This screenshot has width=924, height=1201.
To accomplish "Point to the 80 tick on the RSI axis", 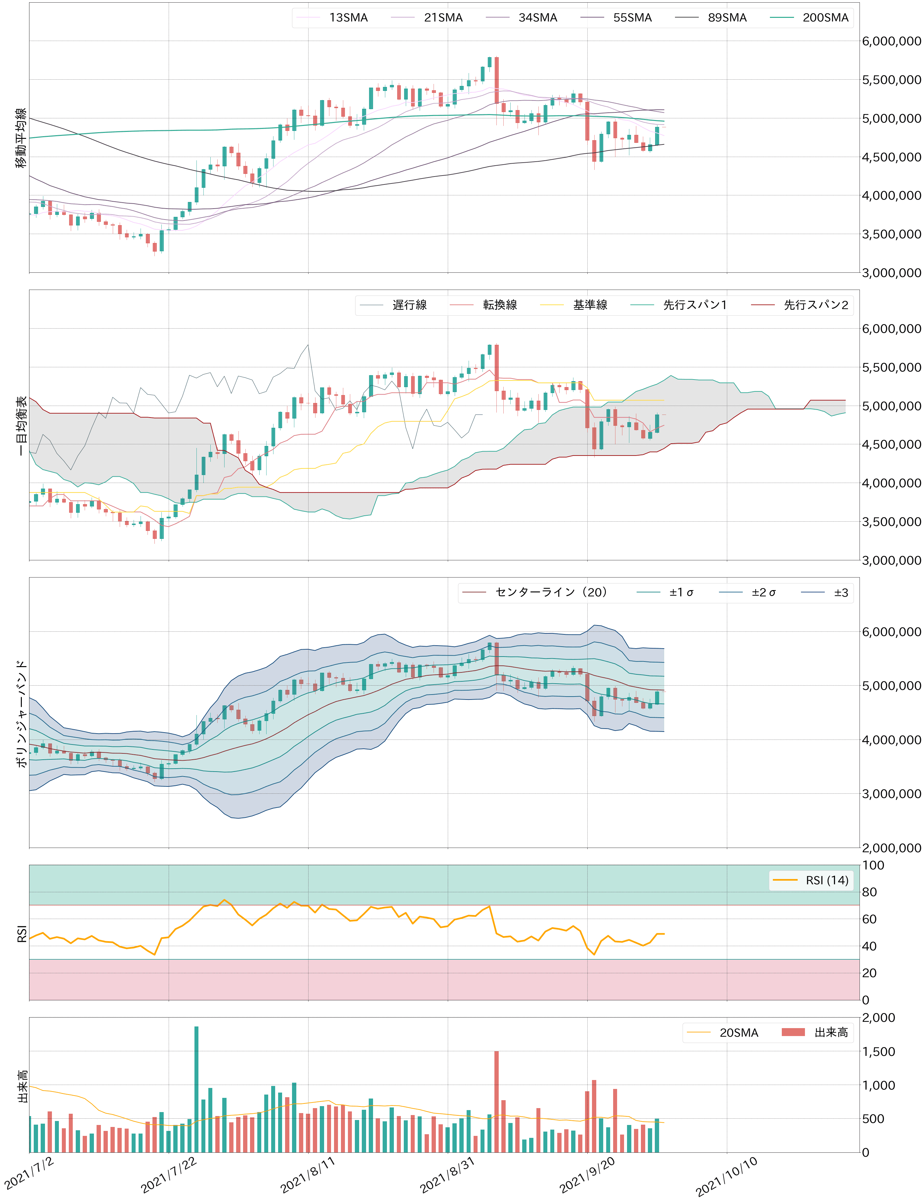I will tap(869, 892).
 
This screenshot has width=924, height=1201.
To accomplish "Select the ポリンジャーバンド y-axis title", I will tap(21, 713).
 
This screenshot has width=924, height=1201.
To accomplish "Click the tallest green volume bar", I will tap(196, 1088).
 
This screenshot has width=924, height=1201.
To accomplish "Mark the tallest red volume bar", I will tap(497, 1101).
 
